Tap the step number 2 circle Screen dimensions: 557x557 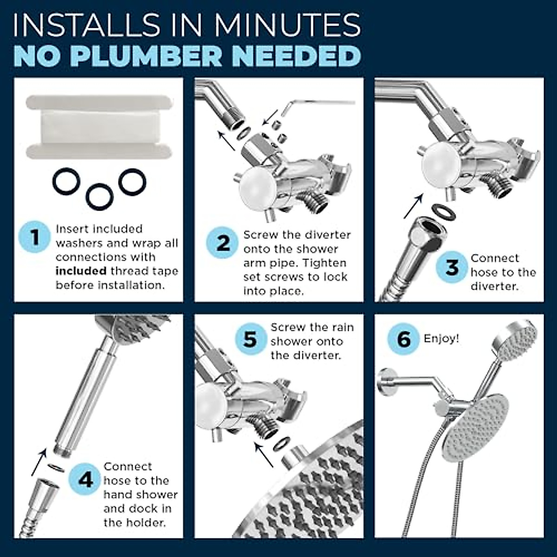(223, 243)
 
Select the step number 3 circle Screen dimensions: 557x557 (452, 267)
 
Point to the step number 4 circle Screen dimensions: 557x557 (85, 479)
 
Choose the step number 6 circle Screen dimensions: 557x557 (404, 339)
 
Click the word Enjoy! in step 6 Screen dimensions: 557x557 (441, 338)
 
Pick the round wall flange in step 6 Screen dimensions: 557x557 (385, 383)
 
